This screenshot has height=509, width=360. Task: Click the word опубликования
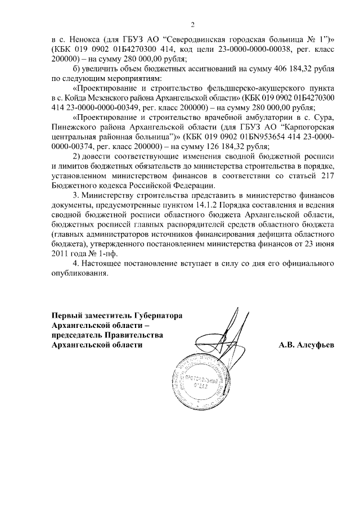click(78, 274)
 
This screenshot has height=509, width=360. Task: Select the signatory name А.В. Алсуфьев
click(307, 345)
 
